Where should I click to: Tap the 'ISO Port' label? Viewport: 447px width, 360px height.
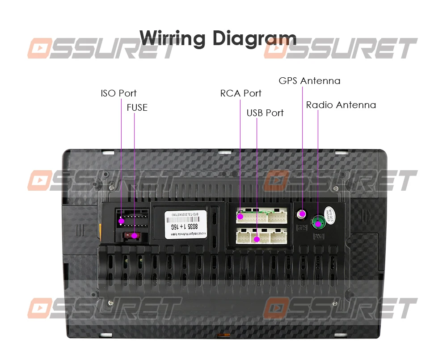118,93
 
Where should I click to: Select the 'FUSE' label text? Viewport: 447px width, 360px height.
137,108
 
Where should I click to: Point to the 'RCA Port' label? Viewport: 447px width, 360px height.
240,93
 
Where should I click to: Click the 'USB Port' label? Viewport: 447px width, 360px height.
265,113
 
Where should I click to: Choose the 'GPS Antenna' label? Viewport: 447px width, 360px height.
309,81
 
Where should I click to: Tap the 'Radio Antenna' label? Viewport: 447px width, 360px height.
341,105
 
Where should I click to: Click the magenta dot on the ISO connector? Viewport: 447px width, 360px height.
121,221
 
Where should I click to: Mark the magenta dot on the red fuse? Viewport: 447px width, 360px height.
134,234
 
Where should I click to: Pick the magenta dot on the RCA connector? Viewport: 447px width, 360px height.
240,217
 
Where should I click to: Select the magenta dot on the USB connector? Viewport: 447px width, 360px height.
257,239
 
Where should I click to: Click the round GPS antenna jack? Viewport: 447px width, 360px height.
303,214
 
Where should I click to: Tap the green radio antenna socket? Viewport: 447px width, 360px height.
318,222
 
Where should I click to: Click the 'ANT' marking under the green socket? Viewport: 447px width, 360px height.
318,236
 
